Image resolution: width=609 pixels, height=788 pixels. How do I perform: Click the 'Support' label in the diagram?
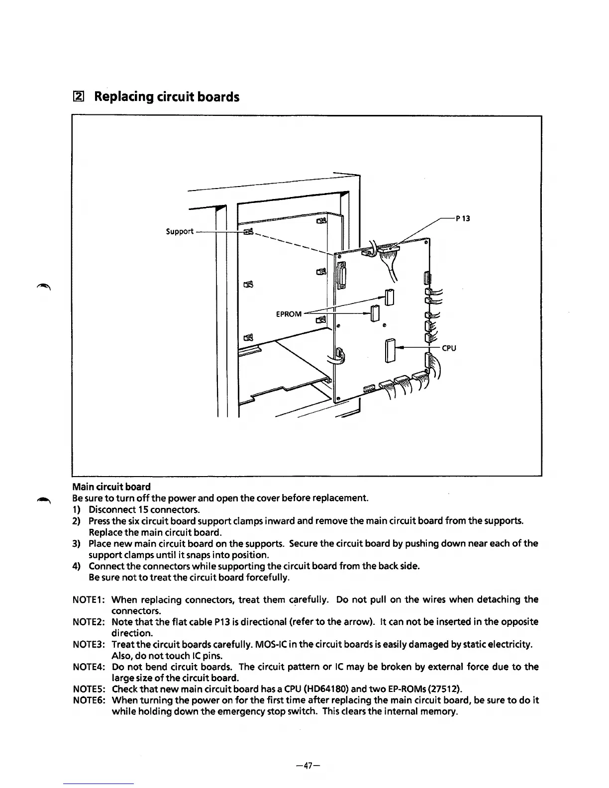tap(179, 231)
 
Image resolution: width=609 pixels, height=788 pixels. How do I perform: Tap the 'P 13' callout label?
tap(463, 218)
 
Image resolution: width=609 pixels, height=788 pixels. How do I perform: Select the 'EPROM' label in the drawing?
tap(289, 314)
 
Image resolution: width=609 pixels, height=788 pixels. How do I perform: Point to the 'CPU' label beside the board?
tap(449, 348)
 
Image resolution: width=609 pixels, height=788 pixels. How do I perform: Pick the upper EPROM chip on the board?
tap(390, 297)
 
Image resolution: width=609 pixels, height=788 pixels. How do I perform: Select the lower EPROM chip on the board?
tap(376, 314)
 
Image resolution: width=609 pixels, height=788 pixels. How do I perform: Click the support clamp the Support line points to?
tap(248, 231)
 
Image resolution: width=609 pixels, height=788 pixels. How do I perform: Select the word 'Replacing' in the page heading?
tap(122, 97)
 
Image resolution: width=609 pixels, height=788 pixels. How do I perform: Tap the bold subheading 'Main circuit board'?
tap(111, 487)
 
